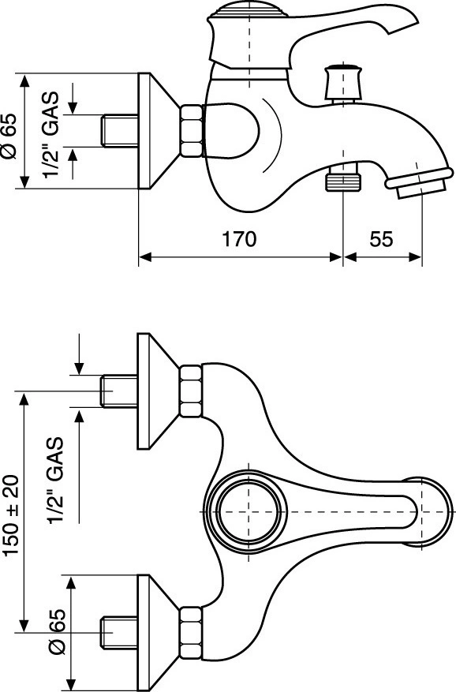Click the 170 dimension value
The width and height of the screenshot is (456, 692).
click(x=238, y=239)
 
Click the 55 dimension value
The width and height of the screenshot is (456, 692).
click(x=381, y=239)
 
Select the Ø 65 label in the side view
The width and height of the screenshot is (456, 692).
click(x=9, y=136)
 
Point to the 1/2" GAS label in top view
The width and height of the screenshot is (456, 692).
click(x=56, y=481)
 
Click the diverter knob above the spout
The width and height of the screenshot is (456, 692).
click(x=343, y=83)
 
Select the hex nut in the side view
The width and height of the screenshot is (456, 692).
click(x=191, y=131)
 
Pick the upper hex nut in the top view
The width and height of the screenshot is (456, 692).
click(x=191, y=391)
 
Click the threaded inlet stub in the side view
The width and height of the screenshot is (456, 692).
click(x=120, y=131)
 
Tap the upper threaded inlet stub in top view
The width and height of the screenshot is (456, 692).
click(x=120, y=391)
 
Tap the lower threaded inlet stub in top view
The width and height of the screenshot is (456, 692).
click(x=120, y=633)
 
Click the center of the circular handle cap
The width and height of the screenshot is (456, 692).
click(x=249, y=511)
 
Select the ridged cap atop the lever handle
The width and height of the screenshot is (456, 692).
click(x=248, y=10)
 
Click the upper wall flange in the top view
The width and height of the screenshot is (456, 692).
click(x=159, y=391)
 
